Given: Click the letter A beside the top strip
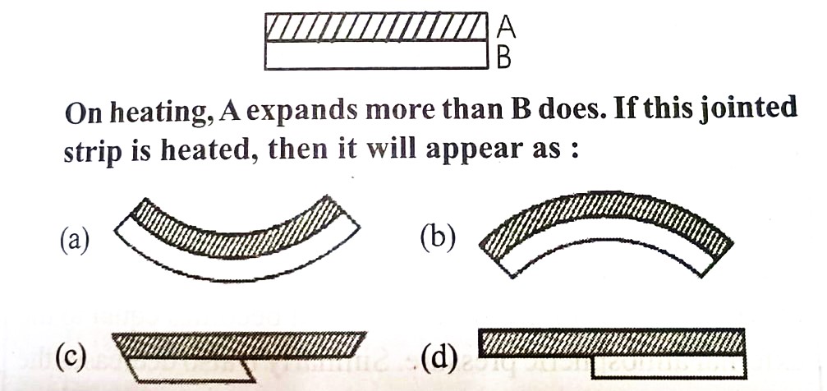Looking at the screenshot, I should (507, 27).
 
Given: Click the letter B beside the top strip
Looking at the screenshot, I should (505, 57).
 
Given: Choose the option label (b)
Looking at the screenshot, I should (439, 239).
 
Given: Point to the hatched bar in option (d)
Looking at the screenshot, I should (611, 343).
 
